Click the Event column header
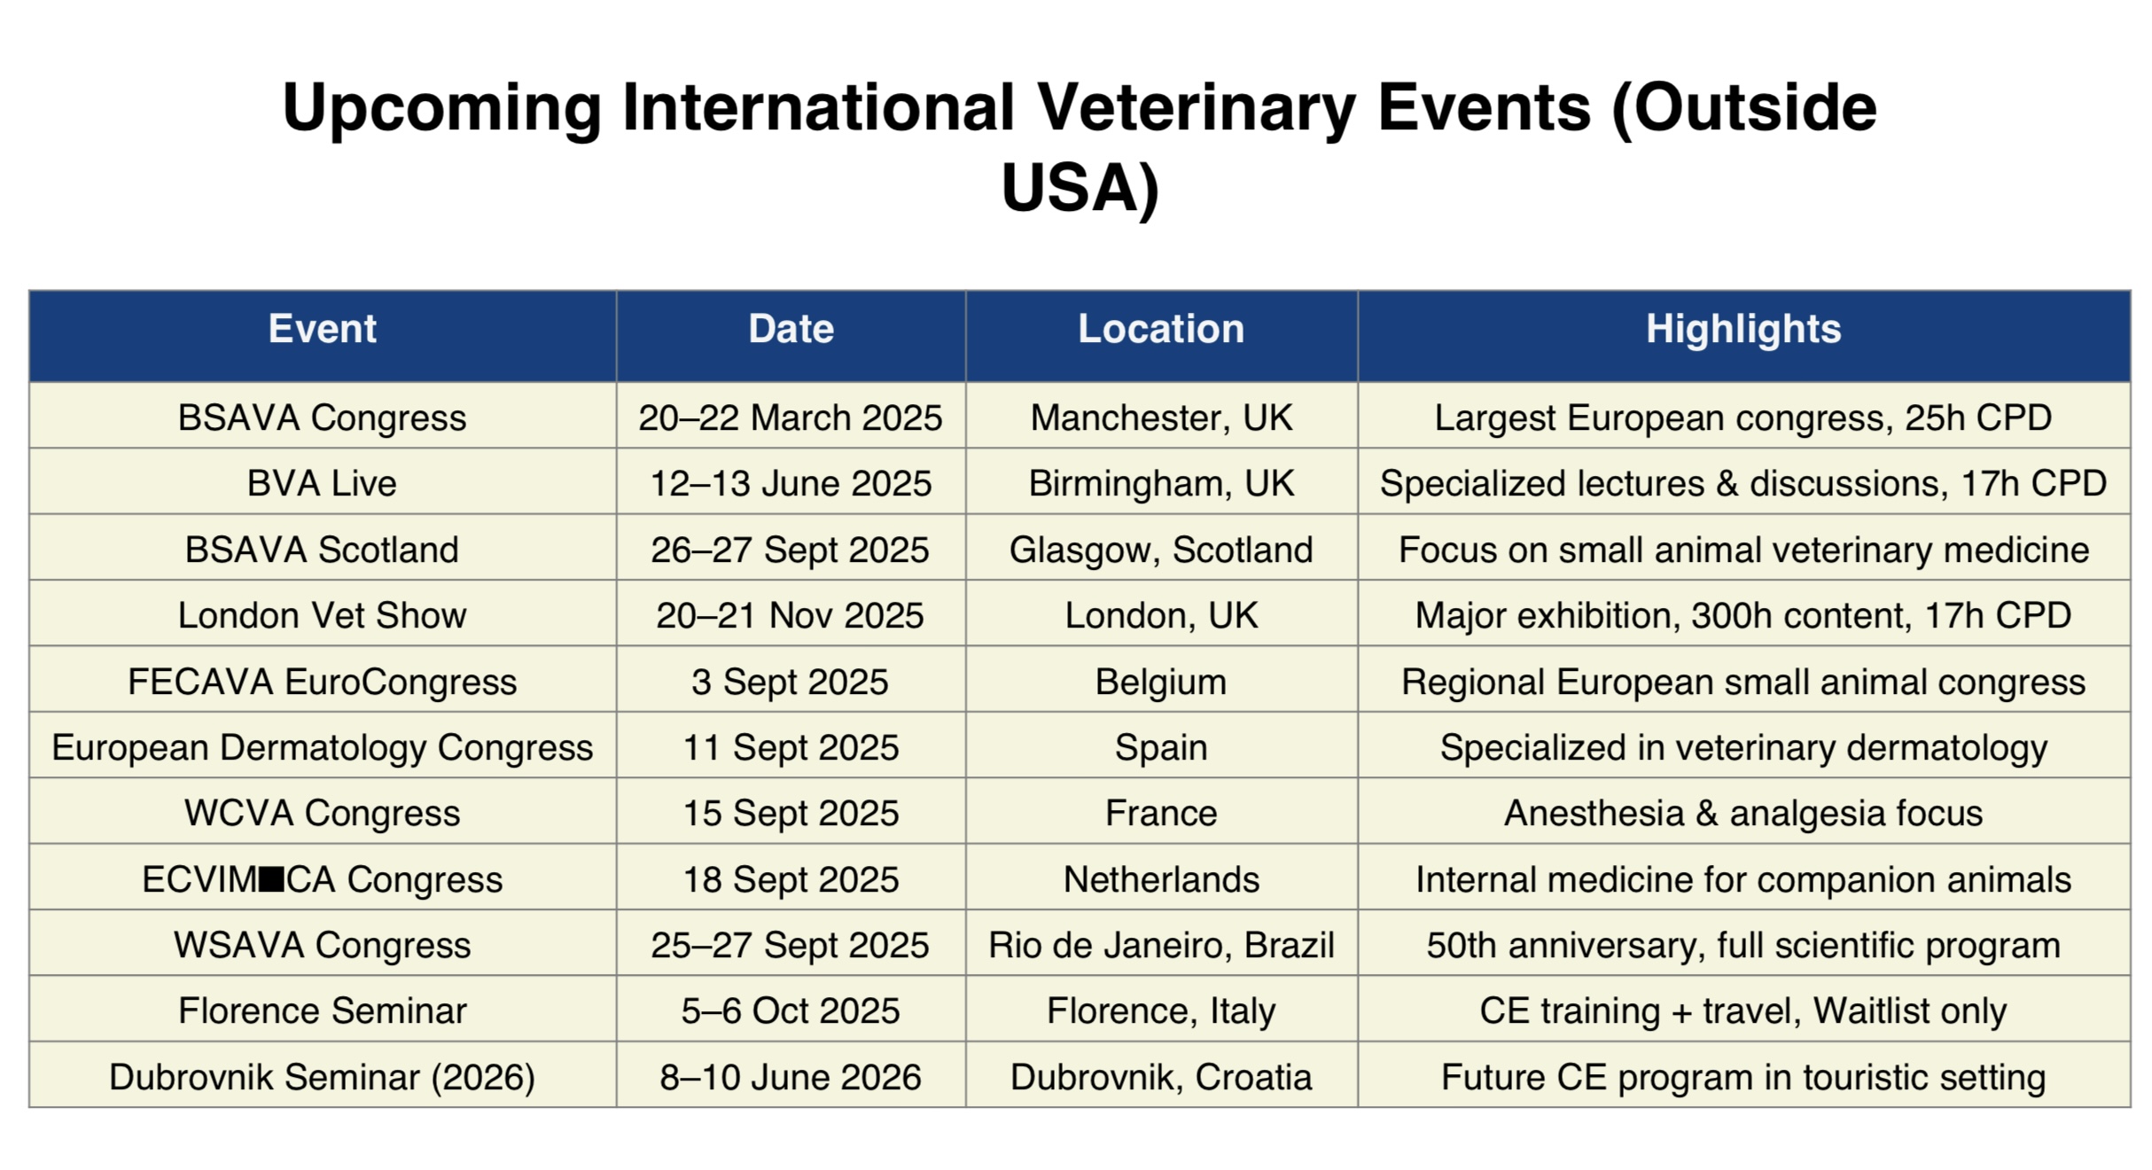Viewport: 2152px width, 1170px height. (322, 329)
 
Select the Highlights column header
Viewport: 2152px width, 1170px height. (1743, 330)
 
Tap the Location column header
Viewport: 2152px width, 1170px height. (1161, 329)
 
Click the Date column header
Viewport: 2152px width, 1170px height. (791, 329)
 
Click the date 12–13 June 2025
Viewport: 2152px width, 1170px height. (791, 484)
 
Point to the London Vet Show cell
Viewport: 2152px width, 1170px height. (322, 616)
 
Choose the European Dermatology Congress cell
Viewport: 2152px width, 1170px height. (322, 748)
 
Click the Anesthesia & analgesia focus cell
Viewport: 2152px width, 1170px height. (1743, 814)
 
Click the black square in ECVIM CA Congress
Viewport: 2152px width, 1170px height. (272, 879)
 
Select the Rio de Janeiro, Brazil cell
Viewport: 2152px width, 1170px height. (1161, 946)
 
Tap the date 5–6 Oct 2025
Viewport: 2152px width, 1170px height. (791, 1011)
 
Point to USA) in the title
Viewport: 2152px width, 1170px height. (1080, 188)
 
